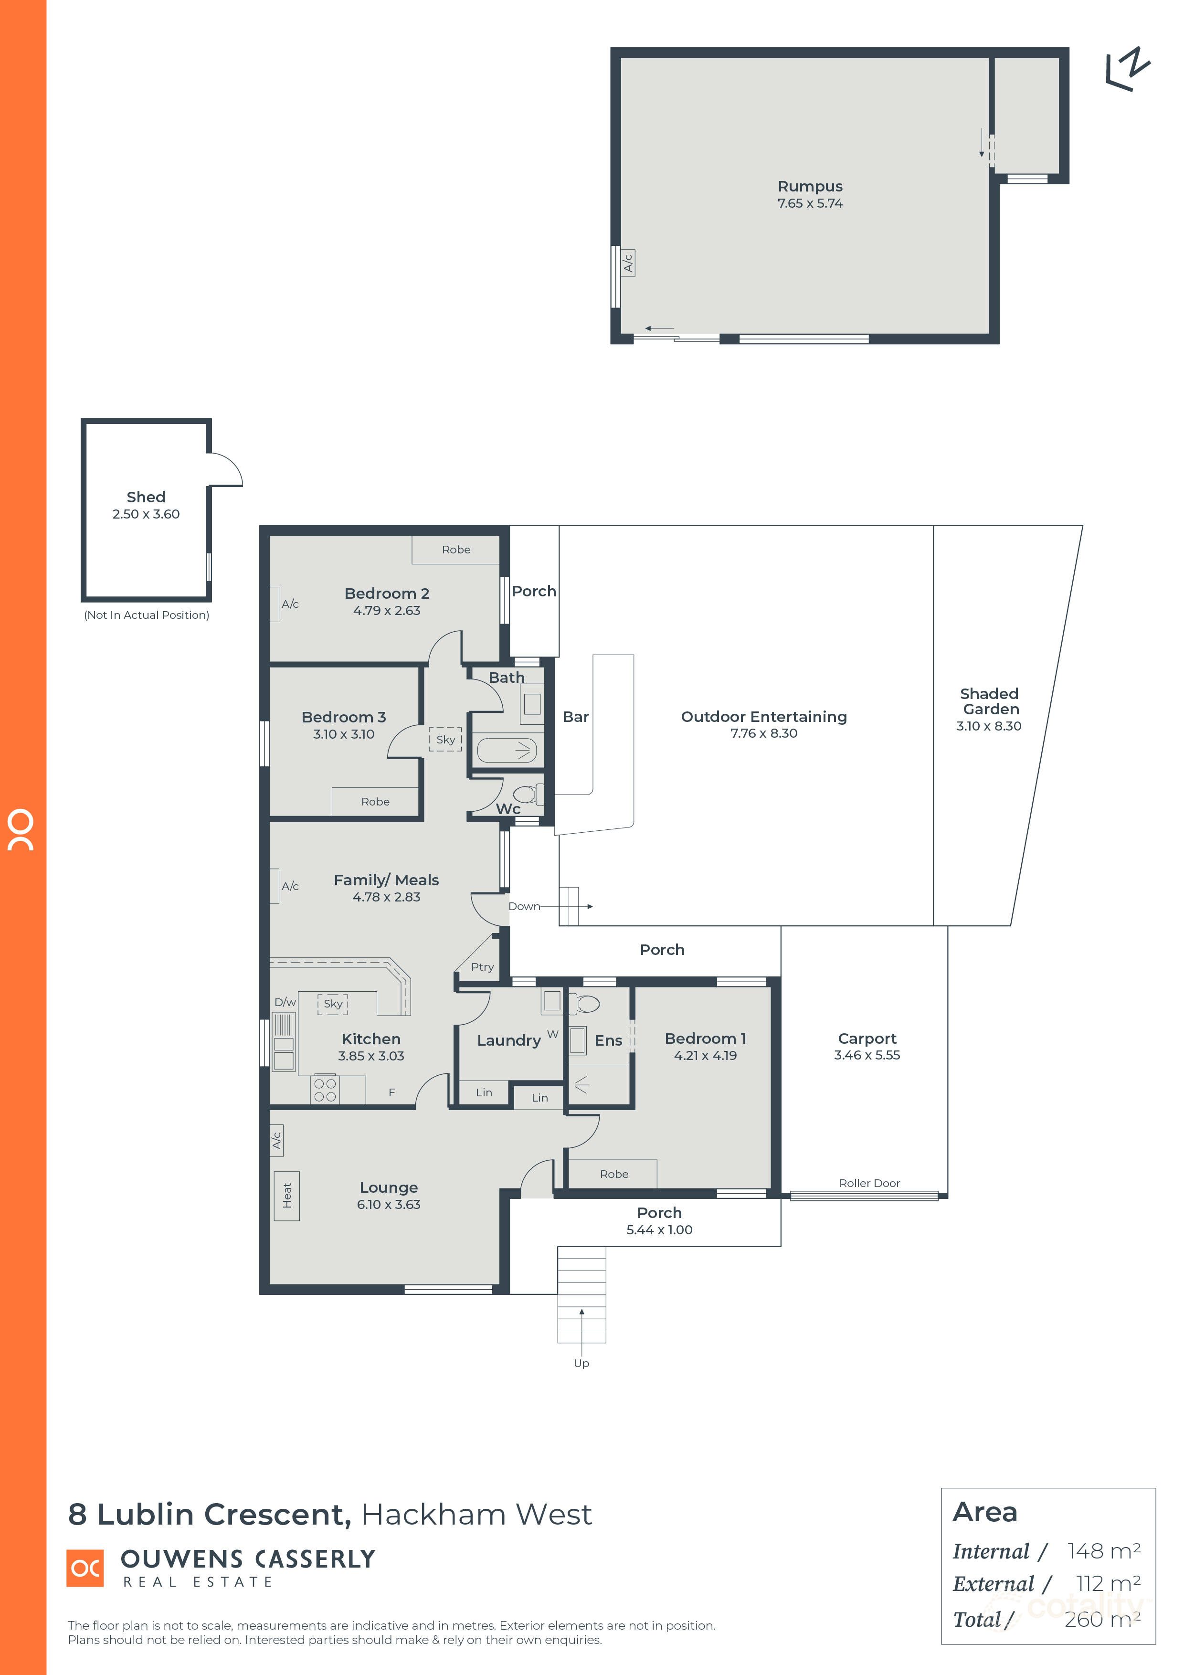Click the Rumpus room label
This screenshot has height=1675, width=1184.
pos(809,186)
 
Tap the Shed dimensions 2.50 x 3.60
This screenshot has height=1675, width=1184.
pos(146,514)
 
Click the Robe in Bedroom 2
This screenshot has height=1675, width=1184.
pos(456,549)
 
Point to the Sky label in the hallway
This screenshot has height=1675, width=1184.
pos(445,739)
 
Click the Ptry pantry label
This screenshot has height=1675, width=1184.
pos(482,966)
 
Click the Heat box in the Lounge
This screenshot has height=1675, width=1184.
pos(287,1195)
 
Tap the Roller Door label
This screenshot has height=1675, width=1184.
pos(869,1183)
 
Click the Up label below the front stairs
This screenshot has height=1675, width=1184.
pos(581,1363)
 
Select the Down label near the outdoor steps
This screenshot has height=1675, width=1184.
pos(524,906)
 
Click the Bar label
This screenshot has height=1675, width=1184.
pos(576,717)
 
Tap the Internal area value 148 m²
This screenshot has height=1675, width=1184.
pos(1103,1550)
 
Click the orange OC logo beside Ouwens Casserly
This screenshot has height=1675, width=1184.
pos(85,1568)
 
